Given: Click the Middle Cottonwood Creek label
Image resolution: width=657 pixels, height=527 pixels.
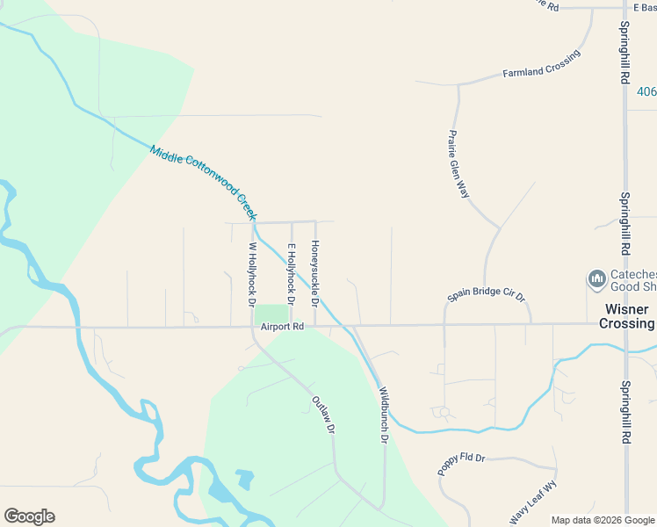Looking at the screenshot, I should tap(203, 183).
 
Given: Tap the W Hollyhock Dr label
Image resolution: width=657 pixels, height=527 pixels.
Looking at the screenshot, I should tap(253, 274).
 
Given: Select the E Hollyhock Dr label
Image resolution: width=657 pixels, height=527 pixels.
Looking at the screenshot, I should tap(291, 269).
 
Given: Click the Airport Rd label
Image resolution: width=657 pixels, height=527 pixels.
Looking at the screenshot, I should tap(281, 327).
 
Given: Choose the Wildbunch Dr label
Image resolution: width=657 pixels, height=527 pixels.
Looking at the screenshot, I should tap(383, 415).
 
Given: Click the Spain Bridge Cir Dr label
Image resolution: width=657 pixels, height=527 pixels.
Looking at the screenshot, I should tap(486, 296).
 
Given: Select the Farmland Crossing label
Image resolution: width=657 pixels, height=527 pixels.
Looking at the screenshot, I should tap(541, 65).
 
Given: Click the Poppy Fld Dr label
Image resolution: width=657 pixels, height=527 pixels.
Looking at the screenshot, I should tap(462, 465).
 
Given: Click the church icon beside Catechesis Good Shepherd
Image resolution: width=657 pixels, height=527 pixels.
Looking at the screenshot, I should tap(597, 279).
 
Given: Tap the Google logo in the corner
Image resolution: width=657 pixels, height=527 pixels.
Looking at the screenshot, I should tap(29, 516).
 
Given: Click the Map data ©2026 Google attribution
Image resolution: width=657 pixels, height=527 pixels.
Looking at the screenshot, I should tap(603, 520).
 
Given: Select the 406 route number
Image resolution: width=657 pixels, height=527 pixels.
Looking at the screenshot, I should tap(646, 91).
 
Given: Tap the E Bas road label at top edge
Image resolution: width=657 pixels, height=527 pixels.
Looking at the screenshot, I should tap(639, 7).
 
